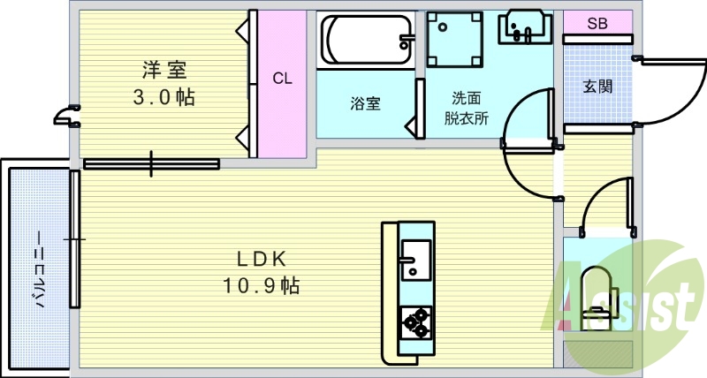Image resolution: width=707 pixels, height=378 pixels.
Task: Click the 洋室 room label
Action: pos(164,68)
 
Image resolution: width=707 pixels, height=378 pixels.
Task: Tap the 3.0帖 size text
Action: pos(164,97)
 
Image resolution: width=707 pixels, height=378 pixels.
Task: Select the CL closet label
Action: pos(282,79)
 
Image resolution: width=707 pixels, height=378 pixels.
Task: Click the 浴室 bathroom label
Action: pos(365,102)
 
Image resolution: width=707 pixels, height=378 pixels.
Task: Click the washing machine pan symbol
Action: pos(455,41)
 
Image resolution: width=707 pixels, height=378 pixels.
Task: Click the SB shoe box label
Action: pos(597,24)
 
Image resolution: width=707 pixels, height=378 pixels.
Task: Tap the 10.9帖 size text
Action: pos(263,285)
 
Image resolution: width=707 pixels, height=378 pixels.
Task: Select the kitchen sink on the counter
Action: pos(414,259)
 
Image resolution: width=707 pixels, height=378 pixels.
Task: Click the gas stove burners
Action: pos(414,321)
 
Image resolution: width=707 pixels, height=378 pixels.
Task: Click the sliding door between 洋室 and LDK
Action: pos(152,163)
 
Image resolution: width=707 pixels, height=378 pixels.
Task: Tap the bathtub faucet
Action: pos(407,40)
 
